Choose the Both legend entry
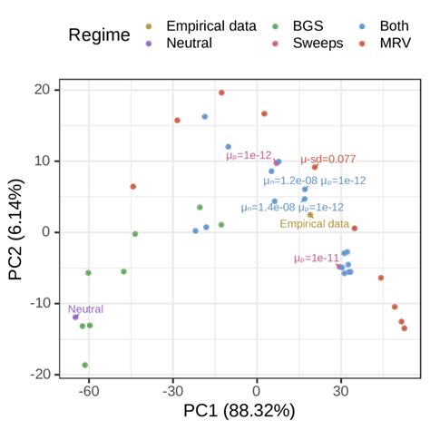385,25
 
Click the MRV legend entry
385,42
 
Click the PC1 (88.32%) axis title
239,413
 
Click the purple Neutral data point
75,317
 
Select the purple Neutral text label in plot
85,308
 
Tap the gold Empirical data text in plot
314,224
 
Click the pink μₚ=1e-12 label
248,156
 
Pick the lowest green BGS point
85,365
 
